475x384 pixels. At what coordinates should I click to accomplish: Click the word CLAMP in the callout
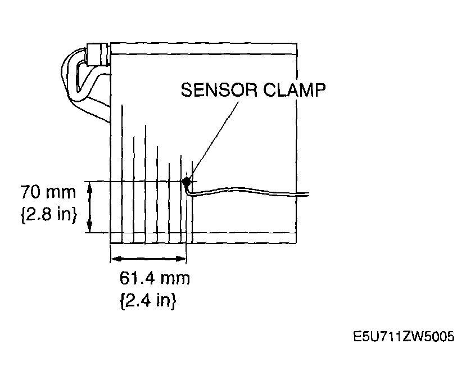[294, 90]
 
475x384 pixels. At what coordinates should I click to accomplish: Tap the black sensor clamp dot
[186, 182]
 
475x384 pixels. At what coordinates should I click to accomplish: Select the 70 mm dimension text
[48, 192]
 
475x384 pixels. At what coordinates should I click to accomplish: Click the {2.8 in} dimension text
[49, 215]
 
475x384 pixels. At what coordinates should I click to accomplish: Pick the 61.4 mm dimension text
[155, 278]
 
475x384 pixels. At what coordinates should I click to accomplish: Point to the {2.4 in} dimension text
[148, 300]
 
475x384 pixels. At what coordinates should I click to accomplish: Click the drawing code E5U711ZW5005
[404, 336]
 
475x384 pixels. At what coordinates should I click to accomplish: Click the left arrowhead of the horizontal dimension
[116, 259]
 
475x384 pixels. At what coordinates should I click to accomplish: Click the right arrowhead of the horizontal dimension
[180, 259]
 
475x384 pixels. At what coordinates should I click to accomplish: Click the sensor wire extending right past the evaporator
[248, 191]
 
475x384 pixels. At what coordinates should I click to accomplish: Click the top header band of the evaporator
[203, 48]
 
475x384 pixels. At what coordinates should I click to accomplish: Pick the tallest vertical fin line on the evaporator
[122, 174]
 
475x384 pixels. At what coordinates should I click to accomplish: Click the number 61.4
[138, 278]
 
